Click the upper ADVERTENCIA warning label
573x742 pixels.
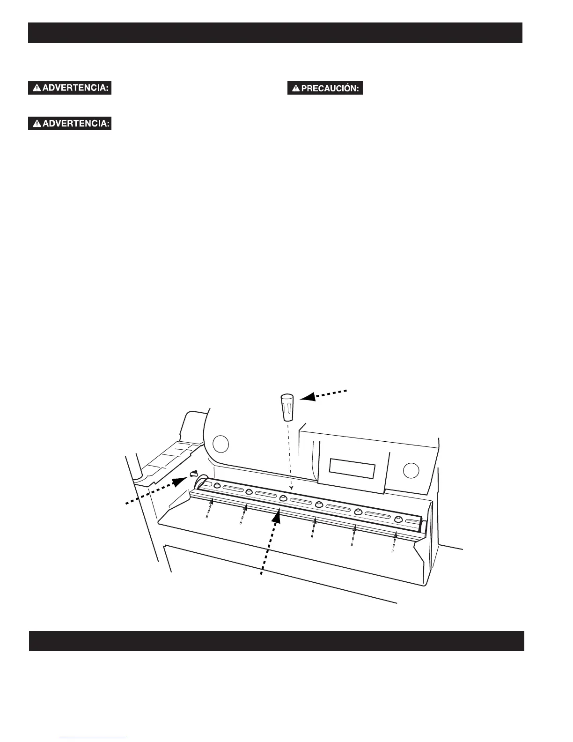[x=70, y=88]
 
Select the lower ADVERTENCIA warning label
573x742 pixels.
[x=70, y=124]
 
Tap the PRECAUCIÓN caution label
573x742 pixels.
[x=325, y=89]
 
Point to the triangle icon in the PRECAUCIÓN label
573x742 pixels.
[x=296, y=89]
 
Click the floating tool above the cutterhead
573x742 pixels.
[x=287, y=407]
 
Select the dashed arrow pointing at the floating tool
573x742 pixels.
[x=323, y=394]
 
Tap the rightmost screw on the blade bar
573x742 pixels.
[x=398, y=519]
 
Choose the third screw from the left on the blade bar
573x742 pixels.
[x=283, y=498]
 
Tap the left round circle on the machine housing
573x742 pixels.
[x=220, y=444]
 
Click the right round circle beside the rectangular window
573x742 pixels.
[x=411, y=469]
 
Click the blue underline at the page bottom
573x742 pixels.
[x=93, y=738]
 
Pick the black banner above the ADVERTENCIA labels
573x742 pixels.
[x=275, y=33]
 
